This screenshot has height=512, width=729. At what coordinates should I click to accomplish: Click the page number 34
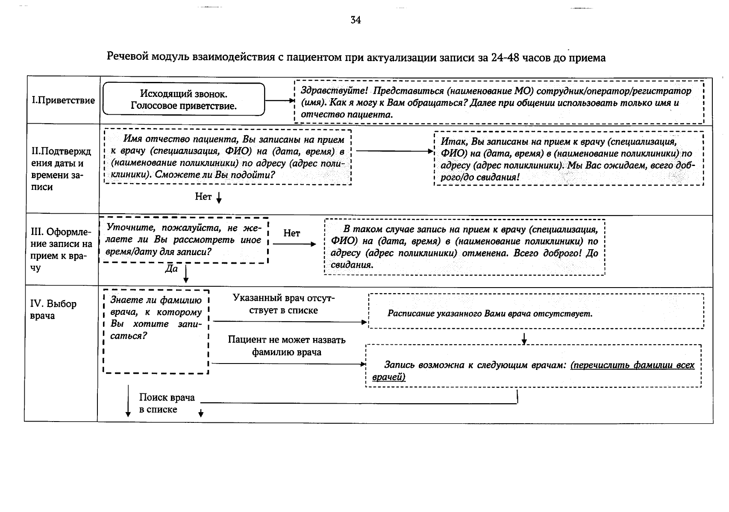pos(356,20)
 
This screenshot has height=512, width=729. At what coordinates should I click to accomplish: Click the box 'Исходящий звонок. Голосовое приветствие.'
pos(184,99)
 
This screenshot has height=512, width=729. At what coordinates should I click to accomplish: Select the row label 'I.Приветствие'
pos(63,100)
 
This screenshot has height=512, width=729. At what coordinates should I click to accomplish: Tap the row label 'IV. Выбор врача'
pos(53,310)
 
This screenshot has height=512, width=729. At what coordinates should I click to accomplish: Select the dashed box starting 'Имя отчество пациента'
pos(227,157)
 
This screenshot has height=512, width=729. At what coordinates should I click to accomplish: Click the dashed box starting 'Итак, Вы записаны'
pos(568,159)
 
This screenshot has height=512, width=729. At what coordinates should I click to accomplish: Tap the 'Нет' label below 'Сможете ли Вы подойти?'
pos(203,196)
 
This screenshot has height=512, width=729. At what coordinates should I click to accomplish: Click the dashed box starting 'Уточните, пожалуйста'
pos(183,240)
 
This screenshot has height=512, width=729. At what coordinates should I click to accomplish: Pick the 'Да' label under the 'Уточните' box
pos(171,269)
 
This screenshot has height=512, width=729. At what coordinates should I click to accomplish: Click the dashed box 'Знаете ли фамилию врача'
pos(156,331)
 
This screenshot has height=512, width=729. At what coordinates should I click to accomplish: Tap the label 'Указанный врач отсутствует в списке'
pos(283,304)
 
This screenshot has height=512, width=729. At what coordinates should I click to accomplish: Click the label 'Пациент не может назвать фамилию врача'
pos(286,346)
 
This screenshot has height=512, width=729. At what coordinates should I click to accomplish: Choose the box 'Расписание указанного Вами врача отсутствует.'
pos(535,311)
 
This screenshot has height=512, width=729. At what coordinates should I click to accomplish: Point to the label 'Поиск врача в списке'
pos(166,403)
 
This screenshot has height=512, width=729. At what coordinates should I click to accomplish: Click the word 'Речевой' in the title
pos(127,57)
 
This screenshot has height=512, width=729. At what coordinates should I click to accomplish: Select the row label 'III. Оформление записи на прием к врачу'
pos(62,250)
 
